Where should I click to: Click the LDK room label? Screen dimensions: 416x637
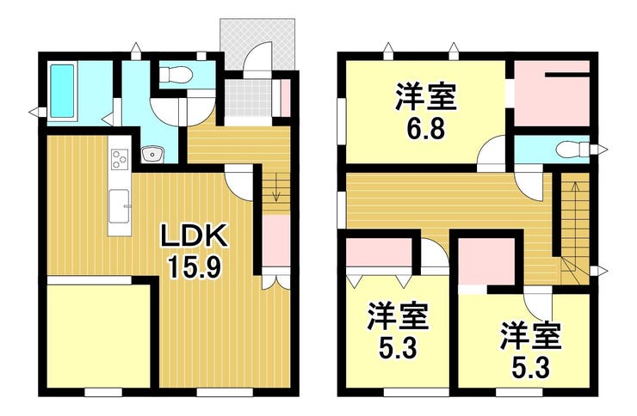coord(194,236)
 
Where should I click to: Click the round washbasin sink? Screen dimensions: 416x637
coord(152,155)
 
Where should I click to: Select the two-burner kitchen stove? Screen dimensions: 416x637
coord(119,158)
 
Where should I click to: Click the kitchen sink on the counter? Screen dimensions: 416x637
coord(120,205)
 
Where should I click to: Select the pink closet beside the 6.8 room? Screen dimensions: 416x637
coord(551,95)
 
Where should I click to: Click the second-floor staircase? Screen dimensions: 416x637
coord(573,223)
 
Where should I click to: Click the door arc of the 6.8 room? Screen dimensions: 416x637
coord(493,154)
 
